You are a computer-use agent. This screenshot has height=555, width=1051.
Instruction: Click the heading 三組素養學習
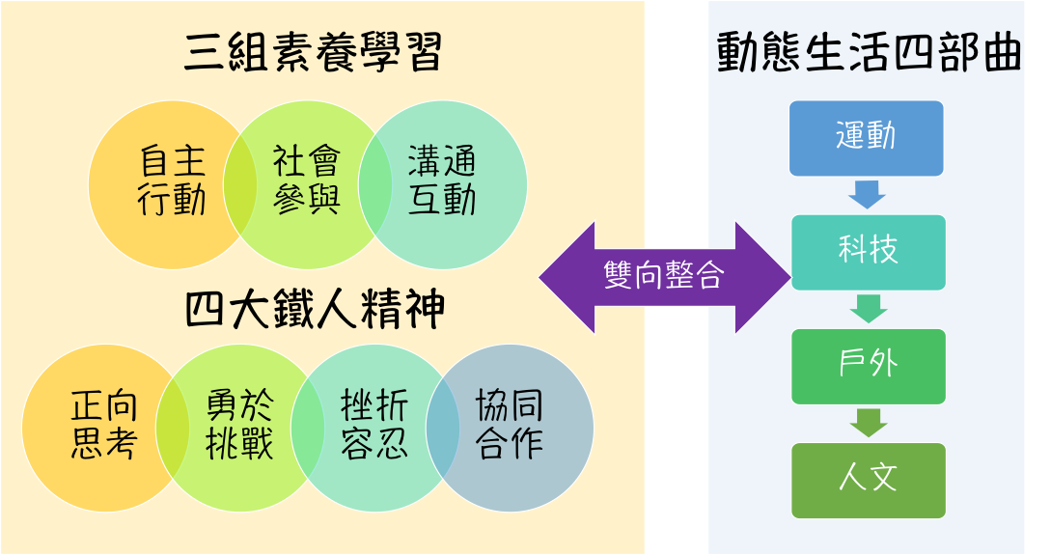(313, 53)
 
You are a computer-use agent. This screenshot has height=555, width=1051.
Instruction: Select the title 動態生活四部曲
(868, 54)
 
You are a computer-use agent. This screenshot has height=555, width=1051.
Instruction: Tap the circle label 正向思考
(105, 426)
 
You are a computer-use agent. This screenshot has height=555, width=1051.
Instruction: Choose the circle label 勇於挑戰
(239, 426)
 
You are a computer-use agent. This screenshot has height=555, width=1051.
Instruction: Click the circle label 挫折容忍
(374, 426)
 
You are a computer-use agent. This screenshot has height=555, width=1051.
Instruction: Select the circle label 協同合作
(510, 426)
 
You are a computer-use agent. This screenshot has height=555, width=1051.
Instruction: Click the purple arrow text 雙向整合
(663, 276)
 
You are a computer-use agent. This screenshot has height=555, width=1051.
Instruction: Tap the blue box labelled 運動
(866, 138)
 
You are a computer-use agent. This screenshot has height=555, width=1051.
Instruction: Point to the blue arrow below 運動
(867, 195)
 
